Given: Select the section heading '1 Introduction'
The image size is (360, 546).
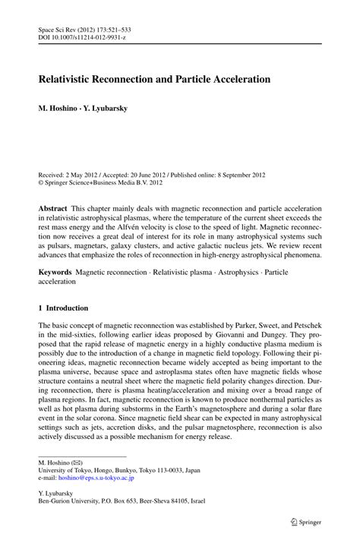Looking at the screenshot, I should [63, 308].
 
